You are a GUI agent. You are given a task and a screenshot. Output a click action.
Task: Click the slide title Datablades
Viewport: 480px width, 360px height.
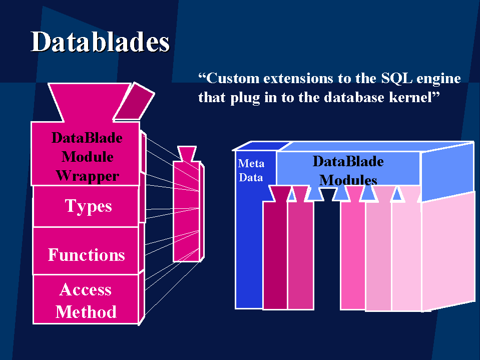[x=100, y=42]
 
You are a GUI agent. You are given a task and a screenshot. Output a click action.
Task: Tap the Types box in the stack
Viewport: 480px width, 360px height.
[x=86, y=206]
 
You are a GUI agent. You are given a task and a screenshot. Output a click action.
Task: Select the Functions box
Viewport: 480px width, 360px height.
[x=86, y=251]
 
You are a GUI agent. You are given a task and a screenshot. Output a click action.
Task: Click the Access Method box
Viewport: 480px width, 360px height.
[x=86, y=299]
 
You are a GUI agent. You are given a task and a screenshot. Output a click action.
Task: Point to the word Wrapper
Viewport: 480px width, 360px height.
[x=88, y=176]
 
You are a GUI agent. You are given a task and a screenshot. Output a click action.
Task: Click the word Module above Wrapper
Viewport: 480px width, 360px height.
[x=88, y=157]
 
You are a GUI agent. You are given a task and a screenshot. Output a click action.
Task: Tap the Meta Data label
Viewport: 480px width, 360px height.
[x=251, y=171]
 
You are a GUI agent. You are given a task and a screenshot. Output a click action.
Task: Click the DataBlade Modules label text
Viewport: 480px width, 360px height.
[x=348, y=171]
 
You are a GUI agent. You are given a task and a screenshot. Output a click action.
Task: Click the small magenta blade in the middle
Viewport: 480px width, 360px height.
[x=187, y=211]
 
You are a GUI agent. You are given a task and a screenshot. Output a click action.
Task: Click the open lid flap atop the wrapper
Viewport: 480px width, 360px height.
[x=134, y=102]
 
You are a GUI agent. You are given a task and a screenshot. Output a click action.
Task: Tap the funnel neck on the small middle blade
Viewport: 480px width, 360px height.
[x=187, y=154]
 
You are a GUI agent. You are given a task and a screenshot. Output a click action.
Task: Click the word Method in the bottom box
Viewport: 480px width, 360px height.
[x=86, y=312]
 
